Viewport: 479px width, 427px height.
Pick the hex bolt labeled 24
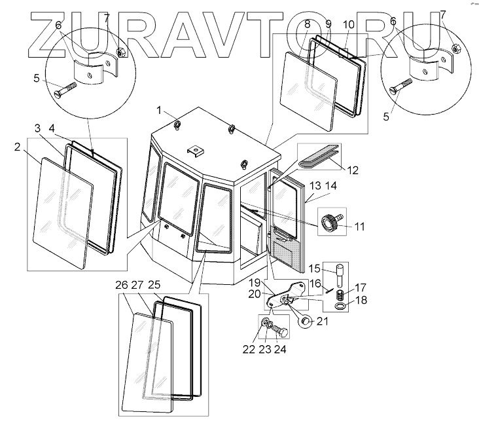283,331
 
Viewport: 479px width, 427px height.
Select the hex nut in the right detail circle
456,47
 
